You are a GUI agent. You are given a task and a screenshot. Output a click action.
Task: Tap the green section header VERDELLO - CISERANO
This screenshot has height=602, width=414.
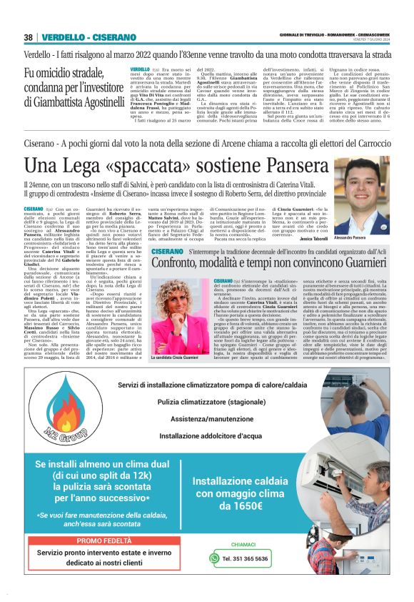tap(89, 37)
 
